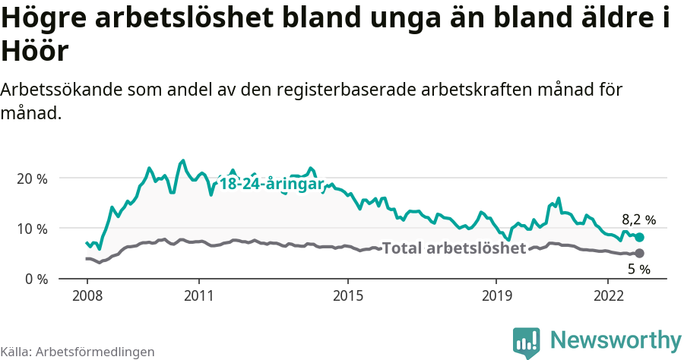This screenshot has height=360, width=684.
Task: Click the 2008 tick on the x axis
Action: coord(87,295)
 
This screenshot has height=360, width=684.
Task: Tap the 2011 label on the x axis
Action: coord(198,295)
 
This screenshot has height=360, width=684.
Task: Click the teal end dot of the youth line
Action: coord(639,238)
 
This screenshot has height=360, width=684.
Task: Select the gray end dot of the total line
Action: coord(639,253)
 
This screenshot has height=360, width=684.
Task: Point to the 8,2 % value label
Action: coord(638,220)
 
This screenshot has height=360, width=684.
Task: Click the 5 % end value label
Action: coord(638,269)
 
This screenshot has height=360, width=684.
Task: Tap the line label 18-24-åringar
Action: coord(271,185)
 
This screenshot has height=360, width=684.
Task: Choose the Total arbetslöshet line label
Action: coord(454,248)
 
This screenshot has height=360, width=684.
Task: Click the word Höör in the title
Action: coord(36,52)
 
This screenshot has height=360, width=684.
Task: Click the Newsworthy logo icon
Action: coord(527,342)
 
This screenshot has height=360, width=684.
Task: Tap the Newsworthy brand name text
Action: coord(615,340)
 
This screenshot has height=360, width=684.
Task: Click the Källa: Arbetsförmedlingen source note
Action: coord(78,352)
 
